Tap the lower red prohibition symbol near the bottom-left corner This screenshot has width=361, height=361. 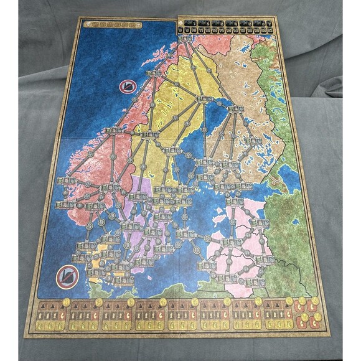pyautogui.click(x=67, y=276)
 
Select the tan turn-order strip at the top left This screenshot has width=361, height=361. pyautogui.click(x=113, y=25)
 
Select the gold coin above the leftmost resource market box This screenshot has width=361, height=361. pyautogui.click(x=65, y=303)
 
